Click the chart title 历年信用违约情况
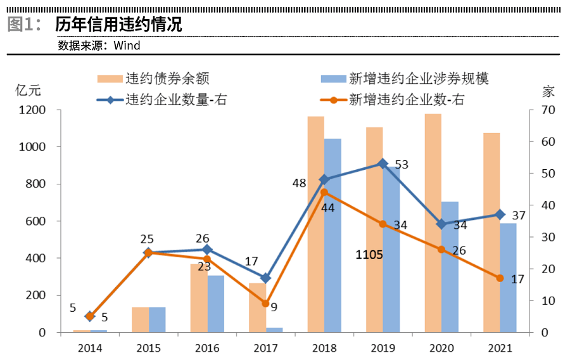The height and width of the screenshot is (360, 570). (118, 25)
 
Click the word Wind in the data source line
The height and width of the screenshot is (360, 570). (127, 46)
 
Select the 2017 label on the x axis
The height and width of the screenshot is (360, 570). (265, 348)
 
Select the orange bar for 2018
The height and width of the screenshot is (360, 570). (315, 224)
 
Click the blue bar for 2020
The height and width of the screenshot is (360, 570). (450, 267)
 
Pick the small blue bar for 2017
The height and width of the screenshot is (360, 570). (274, 330)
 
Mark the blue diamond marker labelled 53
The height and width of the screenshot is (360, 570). (383, 164)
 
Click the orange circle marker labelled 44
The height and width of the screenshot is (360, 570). (324, 192)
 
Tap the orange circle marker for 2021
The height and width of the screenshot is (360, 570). (500, 278)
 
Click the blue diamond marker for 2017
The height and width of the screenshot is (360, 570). (265, 278)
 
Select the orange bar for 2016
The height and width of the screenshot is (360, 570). (198, 298)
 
